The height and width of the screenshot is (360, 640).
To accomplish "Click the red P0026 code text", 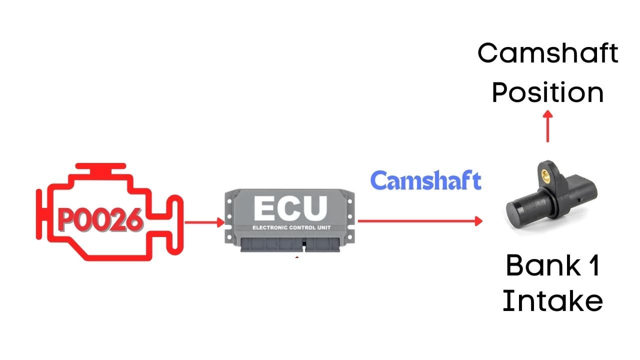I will point(100,220).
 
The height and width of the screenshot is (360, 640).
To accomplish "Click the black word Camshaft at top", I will point(548,53).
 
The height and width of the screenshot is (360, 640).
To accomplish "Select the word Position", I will point(548,93).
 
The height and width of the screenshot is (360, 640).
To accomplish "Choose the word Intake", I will point(552,301).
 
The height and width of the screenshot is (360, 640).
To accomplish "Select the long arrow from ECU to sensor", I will point(420,220).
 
